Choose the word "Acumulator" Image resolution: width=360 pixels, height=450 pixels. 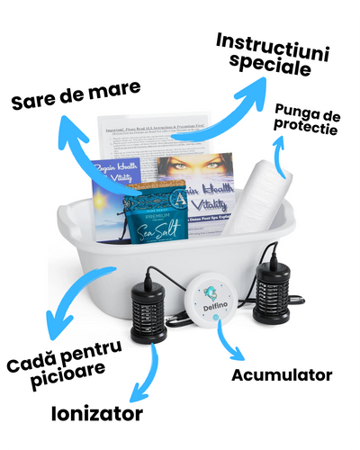click(x=282, y=374)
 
